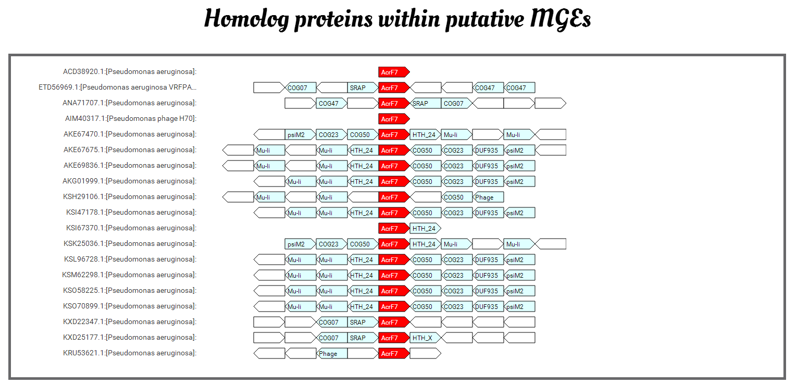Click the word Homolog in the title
pyautogui.click(x=246, y=19)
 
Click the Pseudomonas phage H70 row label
pyautogui.click(x=131, y=118)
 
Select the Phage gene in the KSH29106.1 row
pyautogui.click(x=488, y=197)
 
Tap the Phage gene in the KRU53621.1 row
pyautogui.click(x=332, y=353)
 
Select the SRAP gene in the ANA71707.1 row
pyautogui.click(x=426, y=104)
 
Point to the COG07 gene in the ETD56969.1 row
pyautogui.click(x=301, y=88)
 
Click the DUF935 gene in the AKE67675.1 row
pyautogui.click(x=488, y=150)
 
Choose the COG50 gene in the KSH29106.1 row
pyautogui.click(x=457, y=197)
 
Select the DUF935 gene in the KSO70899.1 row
pyautogui.click(x=488, y=306)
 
